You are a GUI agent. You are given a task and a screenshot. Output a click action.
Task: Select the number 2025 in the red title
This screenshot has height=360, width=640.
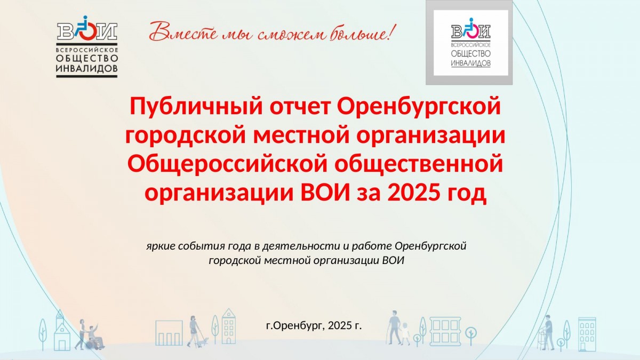click(413, 193)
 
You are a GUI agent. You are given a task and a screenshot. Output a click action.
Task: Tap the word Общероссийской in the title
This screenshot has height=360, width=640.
click(227, 164)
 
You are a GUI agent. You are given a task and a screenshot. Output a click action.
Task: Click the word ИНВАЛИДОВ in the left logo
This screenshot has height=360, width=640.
click(87, 69)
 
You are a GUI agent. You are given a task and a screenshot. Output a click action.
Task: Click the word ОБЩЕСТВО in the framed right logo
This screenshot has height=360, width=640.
click(470, 53)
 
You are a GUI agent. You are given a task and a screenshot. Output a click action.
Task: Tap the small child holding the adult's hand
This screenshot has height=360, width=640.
click(405, 333)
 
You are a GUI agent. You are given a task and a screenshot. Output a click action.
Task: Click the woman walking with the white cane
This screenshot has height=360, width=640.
click(194, 331)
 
